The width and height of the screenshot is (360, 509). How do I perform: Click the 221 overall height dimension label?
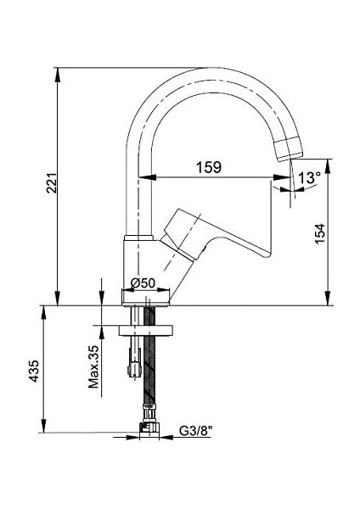tap(50, 182)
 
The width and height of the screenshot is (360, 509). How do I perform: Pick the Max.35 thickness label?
tap(96, 366)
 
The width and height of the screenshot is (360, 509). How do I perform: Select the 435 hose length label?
tap(34, 373)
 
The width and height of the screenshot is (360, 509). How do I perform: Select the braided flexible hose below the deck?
tap(153, 373)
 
